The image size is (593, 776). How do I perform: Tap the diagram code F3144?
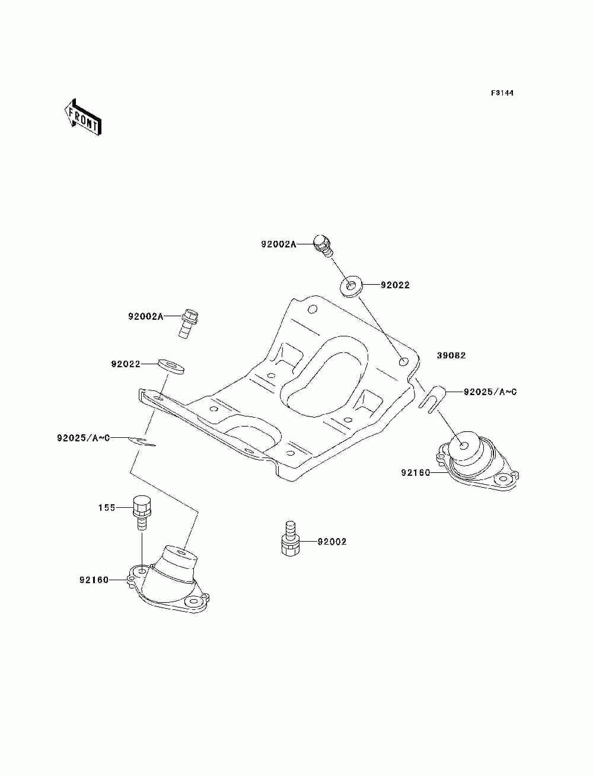502,93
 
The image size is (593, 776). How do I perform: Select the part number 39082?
451,355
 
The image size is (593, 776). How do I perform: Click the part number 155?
107,508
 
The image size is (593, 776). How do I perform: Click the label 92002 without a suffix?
332,551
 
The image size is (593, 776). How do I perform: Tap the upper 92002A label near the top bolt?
279,244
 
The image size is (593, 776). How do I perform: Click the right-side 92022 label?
395,285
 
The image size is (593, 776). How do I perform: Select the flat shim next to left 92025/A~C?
142,441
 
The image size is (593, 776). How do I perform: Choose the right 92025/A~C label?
490,392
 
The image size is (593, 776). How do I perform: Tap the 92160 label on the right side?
416,472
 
